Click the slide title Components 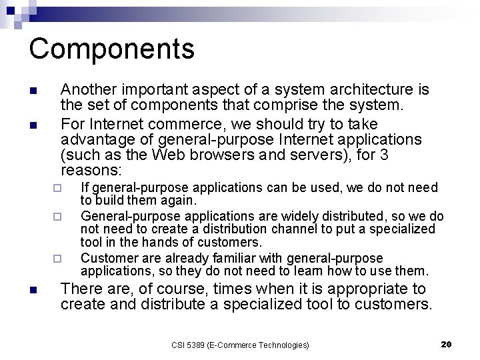click(111, 49)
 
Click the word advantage click(95, 140)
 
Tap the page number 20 click(446, 344)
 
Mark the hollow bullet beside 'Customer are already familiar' click(57, 259)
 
